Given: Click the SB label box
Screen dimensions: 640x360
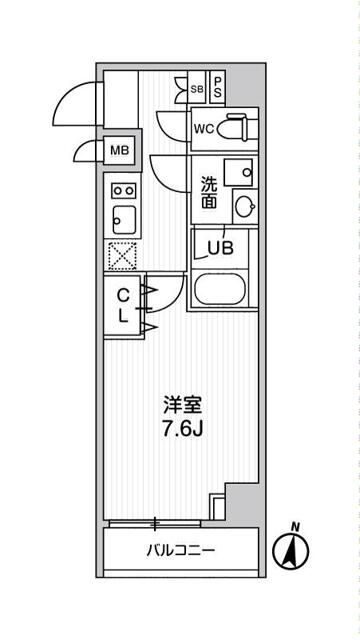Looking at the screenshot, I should pyautogui.click(x=196, y=87).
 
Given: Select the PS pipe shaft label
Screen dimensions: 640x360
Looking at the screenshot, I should pyautogui.click(x=217, y=87).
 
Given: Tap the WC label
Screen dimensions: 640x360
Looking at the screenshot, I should pyautogui.click(x=203, y=129).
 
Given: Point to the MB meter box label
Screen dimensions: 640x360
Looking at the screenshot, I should pyautogui.click(x=119, y=151).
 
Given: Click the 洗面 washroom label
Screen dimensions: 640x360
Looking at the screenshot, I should pyautogui.click(x=209, y=191).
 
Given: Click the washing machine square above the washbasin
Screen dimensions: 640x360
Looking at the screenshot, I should pyautogui.click(x=239, y=171).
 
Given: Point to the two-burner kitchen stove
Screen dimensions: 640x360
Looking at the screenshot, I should pyautogui.click(x=123, y=189).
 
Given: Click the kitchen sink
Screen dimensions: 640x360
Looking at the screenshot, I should pyautogui.click(x=123, y=217).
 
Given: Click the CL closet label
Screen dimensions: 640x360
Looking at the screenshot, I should pyautogui.click(x=122, y=305).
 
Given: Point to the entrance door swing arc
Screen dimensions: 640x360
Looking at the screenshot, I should pyautogui.click(x=72, y=100).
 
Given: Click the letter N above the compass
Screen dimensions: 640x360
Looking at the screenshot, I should pyautogui.click(x=294, y=526).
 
